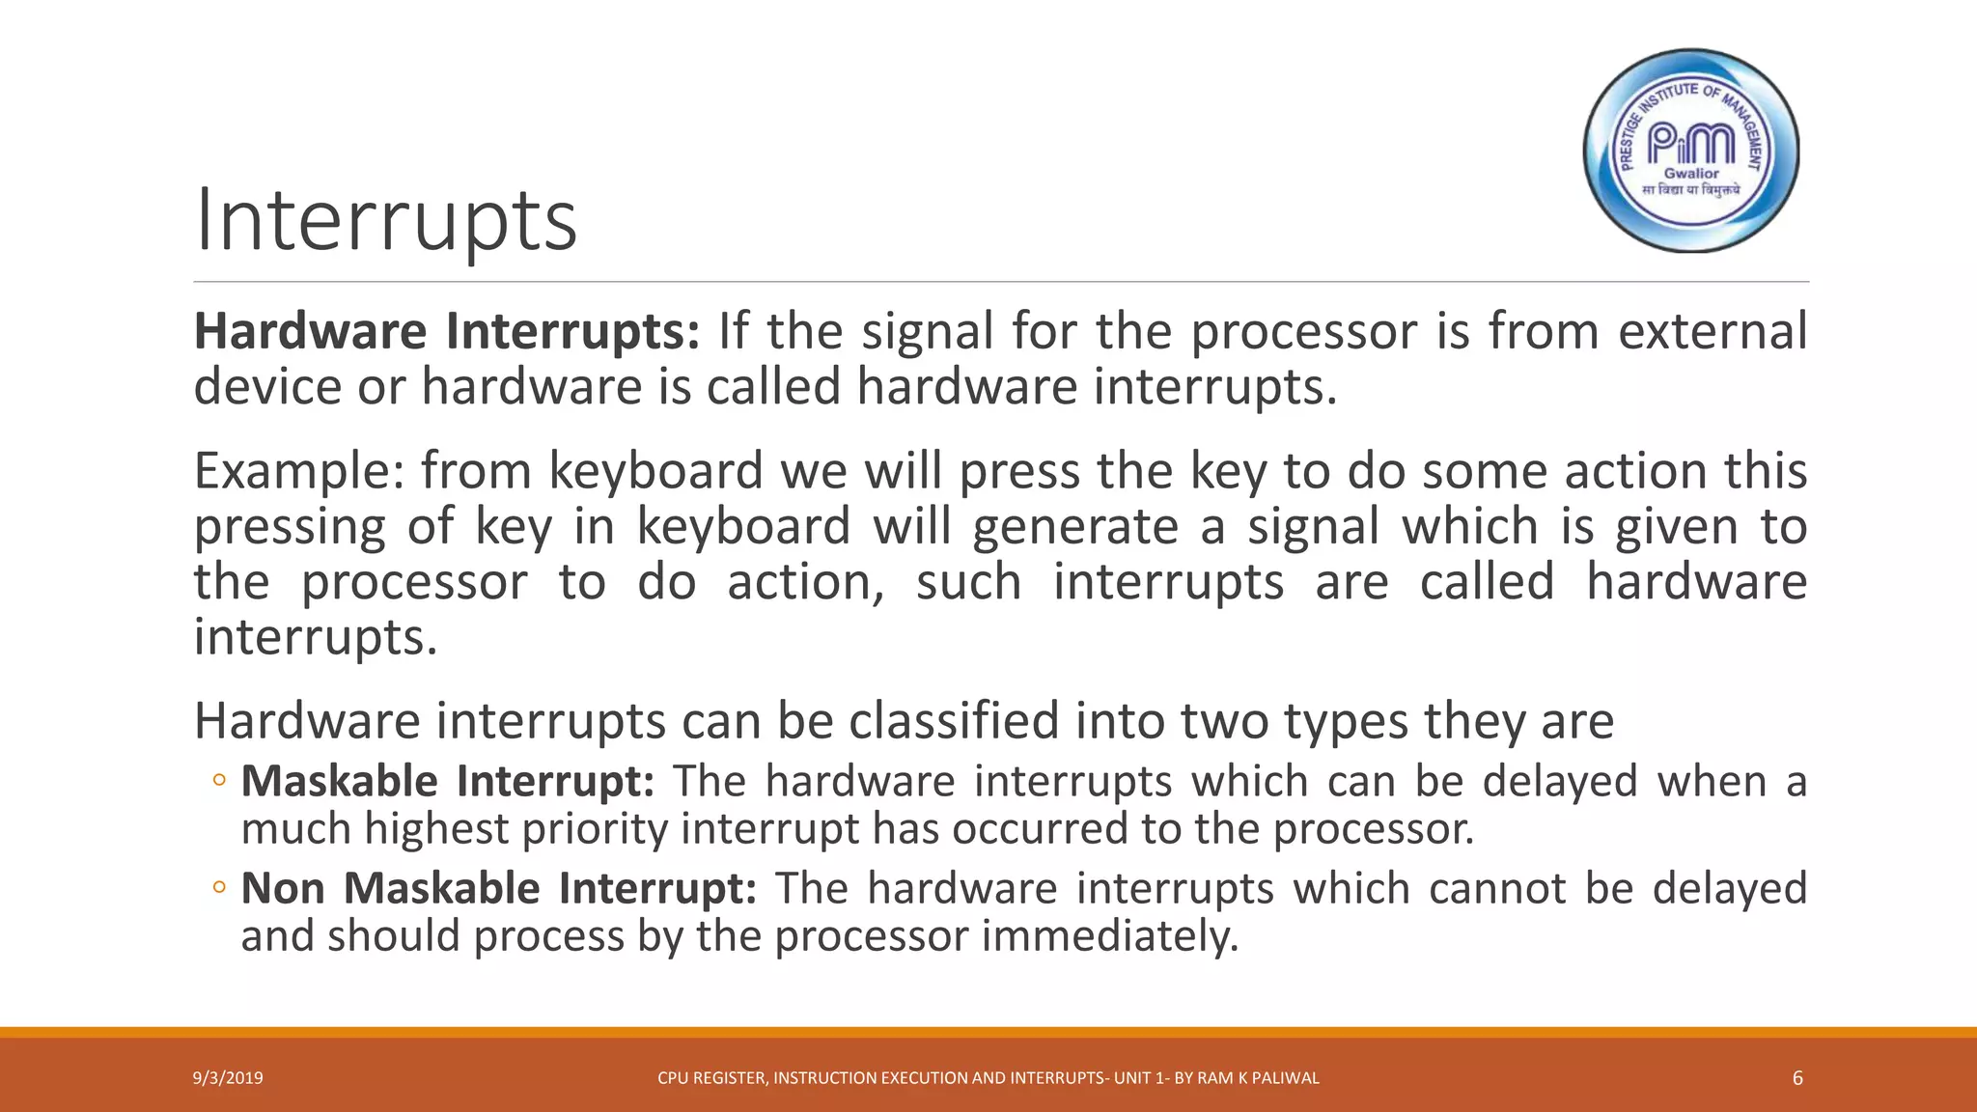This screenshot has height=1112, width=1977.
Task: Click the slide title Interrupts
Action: click(x=386, y=221)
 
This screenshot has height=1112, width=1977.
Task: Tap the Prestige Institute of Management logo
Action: click(x=1691, y=151)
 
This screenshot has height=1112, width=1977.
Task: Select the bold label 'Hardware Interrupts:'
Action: click(x=447, y=331)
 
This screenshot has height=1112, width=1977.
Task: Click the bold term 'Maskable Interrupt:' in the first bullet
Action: click(x=447, y=781)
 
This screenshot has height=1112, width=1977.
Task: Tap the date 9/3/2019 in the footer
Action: click(x=228, y=1078)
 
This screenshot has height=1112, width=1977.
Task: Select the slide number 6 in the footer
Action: click(x=1797, y=1078)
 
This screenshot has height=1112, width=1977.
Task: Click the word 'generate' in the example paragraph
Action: click(x=1075, y=527)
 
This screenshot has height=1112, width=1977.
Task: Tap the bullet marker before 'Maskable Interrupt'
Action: click(x=219, y=780)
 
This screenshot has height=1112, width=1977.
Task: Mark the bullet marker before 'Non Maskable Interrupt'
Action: click(x=219, y=887)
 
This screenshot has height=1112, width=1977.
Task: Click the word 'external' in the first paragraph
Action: click(x=1712, y=331)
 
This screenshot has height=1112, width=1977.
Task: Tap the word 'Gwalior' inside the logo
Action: click(x=1691, y=174)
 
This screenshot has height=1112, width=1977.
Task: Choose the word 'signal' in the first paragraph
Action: click(x=927, y=331)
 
